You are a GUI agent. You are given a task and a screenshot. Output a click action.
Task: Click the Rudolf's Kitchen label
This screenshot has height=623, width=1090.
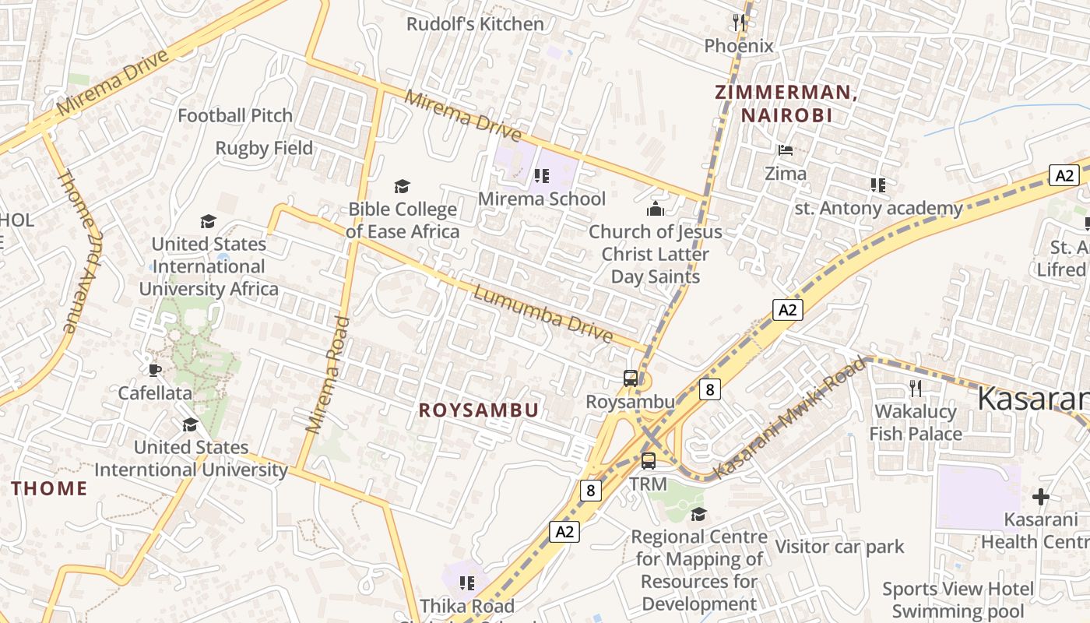475,24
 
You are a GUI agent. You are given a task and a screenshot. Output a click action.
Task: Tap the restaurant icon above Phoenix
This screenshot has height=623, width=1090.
739,23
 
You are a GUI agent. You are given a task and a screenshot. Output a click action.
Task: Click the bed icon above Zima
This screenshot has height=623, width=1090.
786,150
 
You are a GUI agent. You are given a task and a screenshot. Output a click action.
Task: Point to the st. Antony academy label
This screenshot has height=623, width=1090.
879,209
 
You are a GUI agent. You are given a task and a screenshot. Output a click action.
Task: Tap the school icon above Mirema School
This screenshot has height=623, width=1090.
542,176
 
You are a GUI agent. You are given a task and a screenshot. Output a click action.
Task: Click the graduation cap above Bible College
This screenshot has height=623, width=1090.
402,186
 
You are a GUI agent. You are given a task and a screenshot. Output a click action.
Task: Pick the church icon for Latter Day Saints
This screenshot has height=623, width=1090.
655,209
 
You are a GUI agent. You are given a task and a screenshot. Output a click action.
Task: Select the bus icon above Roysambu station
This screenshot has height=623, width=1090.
631,378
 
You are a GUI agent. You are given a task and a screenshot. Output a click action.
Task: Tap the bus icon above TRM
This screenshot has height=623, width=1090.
649,460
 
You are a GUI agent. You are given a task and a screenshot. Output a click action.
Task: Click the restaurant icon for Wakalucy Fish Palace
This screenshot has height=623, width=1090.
916,388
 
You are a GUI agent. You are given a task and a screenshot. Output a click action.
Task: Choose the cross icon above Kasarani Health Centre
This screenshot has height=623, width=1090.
1041,496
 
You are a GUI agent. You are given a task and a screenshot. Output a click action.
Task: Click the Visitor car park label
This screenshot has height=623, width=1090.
839,547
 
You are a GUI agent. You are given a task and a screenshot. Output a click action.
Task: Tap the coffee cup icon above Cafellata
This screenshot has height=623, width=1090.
154,369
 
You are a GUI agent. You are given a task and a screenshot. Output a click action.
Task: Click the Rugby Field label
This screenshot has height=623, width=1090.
264,148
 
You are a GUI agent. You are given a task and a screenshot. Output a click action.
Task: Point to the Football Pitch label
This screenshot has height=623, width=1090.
235,116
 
